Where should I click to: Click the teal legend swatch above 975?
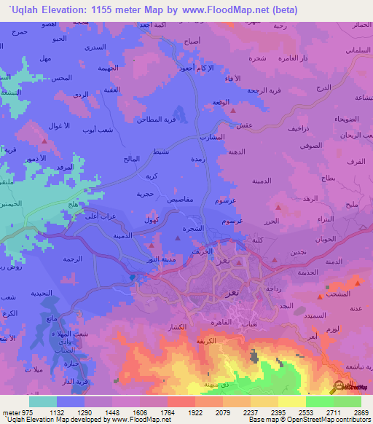pos(43,401)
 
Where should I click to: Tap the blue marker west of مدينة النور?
pos(132,277)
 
